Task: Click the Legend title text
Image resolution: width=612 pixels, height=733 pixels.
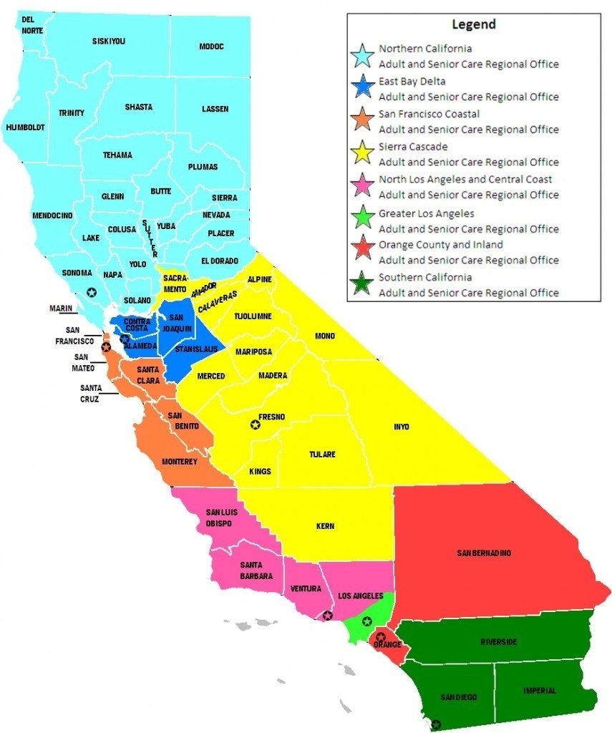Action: [473, 24]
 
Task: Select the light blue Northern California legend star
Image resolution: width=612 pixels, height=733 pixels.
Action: [362, 56]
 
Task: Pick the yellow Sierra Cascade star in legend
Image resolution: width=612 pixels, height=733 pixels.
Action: [362, 154]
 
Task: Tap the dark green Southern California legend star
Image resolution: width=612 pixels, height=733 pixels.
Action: [362, 284]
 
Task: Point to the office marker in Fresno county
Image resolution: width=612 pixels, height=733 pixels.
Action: [254, 425]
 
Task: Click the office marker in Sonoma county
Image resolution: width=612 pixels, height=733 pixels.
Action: [91, 291]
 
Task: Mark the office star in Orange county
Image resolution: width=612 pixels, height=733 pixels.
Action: [380, 636]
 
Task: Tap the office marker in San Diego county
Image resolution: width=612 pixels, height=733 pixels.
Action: [435, 724]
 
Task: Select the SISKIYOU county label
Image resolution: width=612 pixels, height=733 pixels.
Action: [109, 42]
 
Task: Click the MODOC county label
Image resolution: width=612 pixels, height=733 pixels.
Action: [211, 47]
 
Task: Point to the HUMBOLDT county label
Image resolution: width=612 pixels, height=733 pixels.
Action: [25, 127]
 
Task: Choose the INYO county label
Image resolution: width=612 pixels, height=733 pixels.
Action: [402, 427]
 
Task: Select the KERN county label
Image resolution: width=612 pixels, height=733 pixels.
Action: [325, 526]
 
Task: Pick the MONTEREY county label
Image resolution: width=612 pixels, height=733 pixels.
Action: [180, 462]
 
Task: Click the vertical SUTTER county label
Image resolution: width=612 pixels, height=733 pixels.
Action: [150, 238]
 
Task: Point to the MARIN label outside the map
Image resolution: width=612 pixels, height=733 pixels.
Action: [62, 309]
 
